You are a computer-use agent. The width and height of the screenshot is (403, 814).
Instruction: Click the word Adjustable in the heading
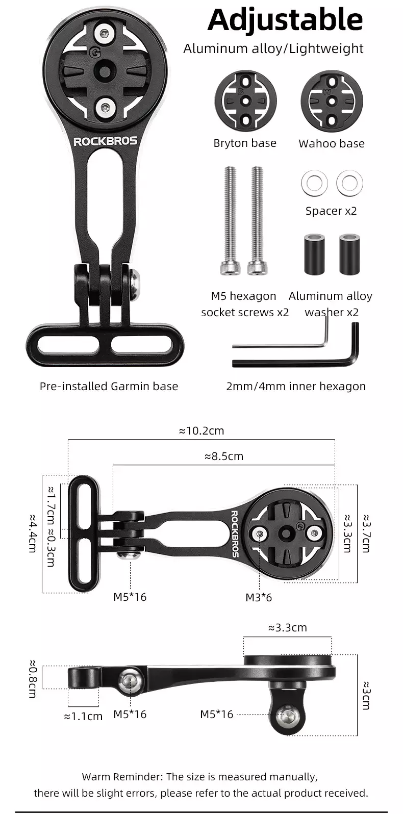tap(285, 20)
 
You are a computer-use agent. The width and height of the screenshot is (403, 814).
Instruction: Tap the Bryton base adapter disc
tap(245, 100)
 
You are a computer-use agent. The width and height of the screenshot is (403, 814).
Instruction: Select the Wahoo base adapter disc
tap(332, 100)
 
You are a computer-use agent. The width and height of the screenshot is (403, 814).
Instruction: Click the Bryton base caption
tap(245, 143)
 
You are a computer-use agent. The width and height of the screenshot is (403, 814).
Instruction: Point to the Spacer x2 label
tap(331, 211)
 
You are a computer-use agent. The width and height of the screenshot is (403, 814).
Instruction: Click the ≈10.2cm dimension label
tap(202, 430)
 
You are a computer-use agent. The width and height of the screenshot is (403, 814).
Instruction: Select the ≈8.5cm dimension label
tap(224, 456)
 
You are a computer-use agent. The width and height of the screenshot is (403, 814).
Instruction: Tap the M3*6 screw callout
tap(259, 597)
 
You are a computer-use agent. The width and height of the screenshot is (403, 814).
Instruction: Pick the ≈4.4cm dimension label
tap(32, 533)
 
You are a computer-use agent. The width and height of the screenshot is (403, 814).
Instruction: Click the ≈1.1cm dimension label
tap(83, 716)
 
